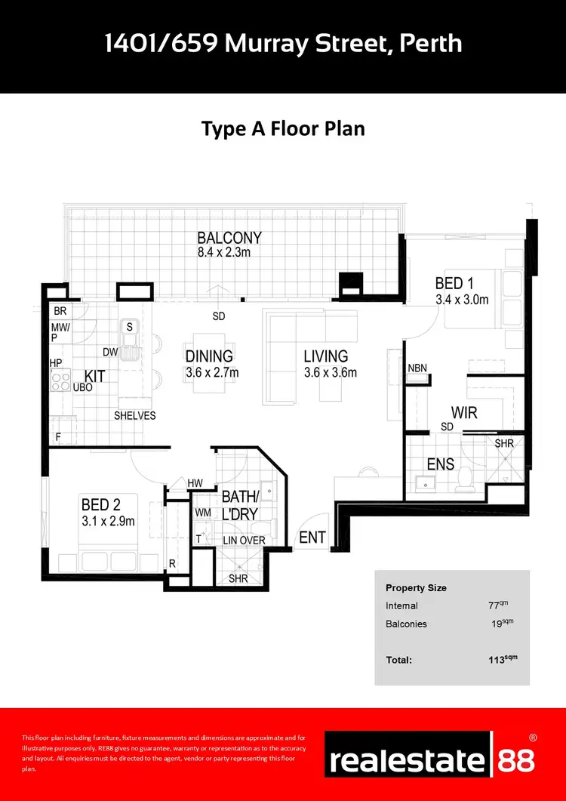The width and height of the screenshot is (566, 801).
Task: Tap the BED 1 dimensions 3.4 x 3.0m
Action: coord(462,300)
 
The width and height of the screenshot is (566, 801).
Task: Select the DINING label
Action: coord(209,356)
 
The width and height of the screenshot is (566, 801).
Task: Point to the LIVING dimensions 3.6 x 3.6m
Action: coord(330,373)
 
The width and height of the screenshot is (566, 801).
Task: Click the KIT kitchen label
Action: coord(94,375)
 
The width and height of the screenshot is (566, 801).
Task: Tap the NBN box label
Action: coord(417,368)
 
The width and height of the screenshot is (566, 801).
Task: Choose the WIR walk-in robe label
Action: coord(464,413)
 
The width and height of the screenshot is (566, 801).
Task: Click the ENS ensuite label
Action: coord(440,463)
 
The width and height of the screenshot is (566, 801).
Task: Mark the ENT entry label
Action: coord(312,537)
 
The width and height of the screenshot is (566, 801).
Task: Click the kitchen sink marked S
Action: coord(129,327)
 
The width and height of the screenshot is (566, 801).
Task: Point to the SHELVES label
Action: coord(134,416)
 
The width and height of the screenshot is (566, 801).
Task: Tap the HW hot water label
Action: coord(195,483)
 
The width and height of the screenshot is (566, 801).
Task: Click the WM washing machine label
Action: coord(203,513)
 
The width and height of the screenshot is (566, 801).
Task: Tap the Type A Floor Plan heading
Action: coord(283,128)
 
